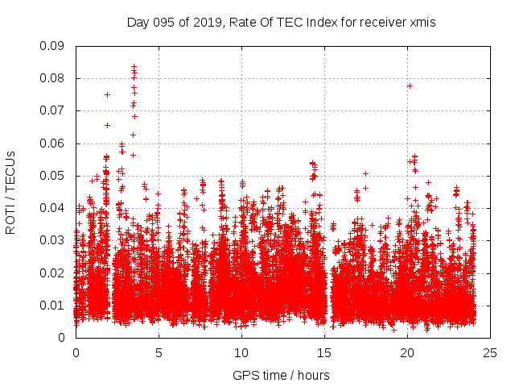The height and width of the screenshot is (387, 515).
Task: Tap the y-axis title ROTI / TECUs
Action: (10, 192)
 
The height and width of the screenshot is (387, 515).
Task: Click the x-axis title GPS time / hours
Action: (281, 376)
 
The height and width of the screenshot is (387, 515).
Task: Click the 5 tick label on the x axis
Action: (159, 352)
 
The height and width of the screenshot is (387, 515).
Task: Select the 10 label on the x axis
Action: (241, 352)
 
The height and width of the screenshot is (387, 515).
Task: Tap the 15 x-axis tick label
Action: (324, 352)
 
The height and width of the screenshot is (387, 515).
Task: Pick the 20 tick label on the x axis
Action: (407, 352)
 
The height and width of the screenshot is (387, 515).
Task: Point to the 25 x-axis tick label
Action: (490, 352)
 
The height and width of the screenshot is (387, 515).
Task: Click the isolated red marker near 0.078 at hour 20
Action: (410, 85)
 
